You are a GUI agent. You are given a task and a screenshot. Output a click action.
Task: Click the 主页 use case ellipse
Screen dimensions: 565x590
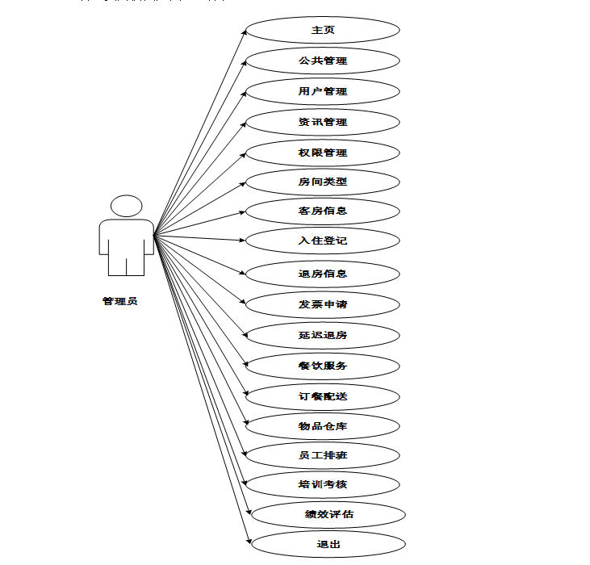[x=323, y=30]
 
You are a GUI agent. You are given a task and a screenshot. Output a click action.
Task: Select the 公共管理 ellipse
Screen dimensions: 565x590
[x=323, y=61]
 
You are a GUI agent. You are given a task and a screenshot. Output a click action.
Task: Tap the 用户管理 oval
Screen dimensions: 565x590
[x=323, y=91]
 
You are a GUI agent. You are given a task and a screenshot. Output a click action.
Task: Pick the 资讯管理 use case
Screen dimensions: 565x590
[x=323, y=122]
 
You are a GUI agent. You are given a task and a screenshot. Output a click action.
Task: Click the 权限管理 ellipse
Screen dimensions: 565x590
[x=323, y=153]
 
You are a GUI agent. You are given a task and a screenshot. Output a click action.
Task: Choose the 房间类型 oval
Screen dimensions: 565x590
[x=323, y=182]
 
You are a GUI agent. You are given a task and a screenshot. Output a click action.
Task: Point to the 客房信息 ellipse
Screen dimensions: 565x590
[x=323, y=211]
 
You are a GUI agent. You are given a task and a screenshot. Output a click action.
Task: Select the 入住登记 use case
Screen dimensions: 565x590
[x=323, y=241]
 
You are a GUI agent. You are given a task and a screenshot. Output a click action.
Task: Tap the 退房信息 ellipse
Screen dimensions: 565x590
[x=323, y=274]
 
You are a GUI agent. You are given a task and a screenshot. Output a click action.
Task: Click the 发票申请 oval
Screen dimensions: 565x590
[x=323, y=304]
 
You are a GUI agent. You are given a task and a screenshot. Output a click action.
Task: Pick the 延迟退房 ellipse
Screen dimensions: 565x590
[x=323, y=334]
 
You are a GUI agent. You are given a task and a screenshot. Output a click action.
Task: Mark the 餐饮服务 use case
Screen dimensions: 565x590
[x=323, y=366]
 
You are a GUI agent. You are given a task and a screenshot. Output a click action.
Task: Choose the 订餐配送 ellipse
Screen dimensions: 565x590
[x=323, y=396]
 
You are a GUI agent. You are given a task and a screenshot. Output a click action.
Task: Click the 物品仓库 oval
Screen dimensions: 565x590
[x=323, y=426]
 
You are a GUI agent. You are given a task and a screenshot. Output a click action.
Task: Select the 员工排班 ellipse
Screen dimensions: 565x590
[x=323, y=455]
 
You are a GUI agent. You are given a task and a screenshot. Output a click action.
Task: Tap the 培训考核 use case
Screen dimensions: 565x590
[x=323, y=484]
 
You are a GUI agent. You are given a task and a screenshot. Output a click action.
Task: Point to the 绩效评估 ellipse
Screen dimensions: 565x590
[x=328, y=514]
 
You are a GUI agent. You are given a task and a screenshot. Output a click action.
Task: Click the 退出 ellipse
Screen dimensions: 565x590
[x=328, y=544]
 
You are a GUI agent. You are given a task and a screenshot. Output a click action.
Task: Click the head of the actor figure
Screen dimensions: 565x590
[x=126, y=206]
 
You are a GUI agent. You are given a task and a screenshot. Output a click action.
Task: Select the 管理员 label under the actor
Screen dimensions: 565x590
[x=119, y=301]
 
